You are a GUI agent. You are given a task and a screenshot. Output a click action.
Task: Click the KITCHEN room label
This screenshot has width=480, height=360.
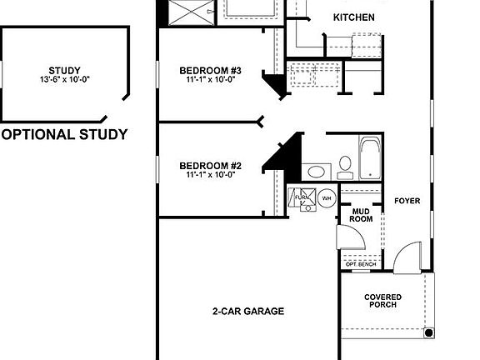point(353,17)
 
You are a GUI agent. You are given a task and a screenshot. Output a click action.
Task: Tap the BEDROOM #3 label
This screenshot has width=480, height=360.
point(210,70)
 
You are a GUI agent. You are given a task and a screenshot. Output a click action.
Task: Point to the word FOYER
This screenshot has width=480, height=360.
point(407,201)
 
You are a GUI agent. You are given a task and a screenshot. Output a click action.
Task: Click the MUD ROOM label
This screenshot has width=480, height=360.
point(361,215)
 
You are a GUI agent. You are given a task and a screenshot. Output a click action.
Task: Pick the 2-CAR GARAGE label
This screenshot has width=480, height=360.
point(247,311)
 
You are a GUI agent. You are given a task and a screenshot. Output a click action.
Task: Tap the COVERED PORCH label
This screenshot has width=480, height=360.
point(383,301)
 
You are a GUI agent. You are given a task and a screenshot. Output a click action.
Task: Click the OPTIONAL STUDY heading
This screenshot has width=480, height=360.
point(64,134)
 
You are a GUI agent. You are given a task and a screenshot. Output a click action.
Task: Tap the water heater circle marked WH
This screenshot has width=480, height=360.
point(327,198)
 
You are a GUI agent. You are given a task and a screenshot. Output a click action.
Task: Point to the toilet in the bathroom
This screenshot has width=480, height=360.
point(344,164)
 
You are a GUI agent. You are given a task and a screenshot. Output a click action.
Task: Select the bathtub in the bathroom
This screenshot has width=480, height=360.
point(370,158)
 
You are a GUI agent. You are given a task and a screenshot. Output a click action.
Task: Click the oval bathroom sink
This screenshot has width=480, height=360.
point(316,172)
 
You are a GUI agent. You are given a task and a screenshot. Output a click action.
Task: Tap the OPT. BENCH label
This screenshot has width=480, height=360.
point(360,264)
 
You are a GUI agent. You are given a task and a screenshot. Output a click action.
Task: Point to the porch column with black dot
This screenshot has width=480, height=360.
point(428,332)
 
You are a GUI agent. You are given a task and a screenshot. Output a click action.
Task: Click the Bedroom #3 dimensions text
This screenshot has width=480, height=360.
point(210,80)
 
